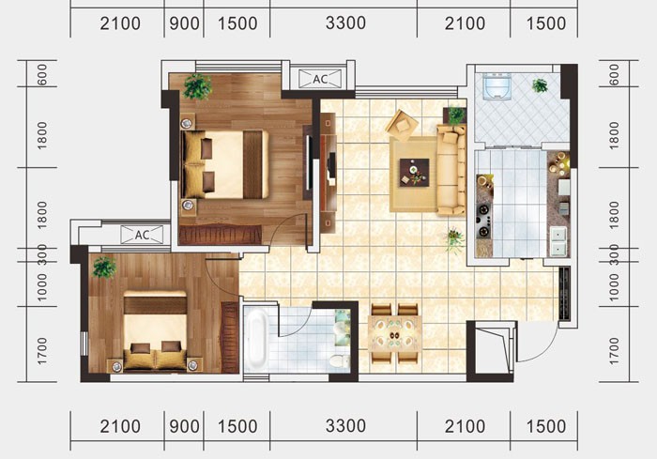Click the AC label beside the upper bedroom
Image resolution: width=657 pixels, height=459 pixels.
click(x=320, y=79)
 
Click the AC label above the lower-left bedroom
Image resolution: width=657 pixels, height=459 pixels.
click(x=142, y=235)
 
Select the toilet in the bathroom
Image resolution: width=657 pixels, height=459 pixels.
click(x=340, y=361)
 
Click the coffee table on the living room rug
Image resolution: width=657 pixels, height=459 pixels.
click(x=414, y=172)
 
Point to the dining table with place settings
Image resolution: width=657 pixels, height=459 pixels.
click(x=395, y=334)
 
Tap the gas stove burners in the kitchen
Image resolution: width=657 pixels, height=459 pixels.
click(x=484, y=220)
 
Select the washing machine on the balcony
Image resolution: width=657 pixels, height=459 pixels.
click(x=497, y=86)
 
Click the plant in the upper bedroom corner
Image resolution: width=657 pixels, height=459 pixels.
click(x=197, y=86)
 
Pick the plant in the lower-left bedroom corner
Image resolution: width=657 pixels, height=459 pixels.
click(x=104, y=267)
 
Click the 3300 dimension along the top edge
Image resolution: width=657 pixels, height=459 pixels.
click(x=345, y=23)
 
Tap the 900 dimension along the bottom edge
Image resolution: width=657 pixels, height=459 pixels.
click(x=184, y=427)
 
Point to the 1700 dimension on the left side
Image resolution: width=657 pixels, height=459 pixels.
click(x=42, y=351)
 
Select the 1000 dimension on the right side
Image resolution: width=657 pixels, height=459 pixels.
click(x=614, y=287)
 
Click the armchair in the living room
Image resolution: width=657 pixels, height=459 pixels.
click(x=402, y=125)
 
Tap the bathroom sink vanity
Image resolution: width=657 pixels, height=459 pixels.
click(x=343, y=328)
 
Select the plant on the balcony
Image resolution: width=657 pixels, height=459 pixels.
click(x=540, y=85)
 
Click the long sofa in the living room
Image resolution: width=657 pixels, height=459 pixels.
click(x=451, y=170)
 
